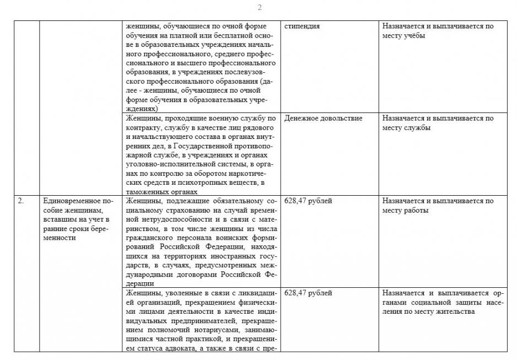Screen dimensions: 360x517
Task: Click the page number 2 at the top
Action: point(259,7)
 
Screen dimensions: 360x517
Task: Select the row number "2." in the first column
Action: point(20,201)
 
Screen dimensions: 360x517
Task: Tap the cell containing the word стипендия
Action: point(302,26)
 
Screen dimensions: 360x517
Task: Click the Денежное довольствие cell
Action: point(323,119)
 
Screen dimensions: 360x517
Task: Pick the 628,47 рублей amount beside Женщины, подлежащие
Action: point(308,201)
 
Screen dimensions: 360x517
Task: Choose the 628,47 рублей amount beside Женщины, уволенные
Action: point(308,293)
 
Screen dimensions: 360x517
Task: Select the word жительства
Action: point(454,311)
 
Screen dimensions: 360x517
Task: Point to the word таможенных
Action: point(146,191)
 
